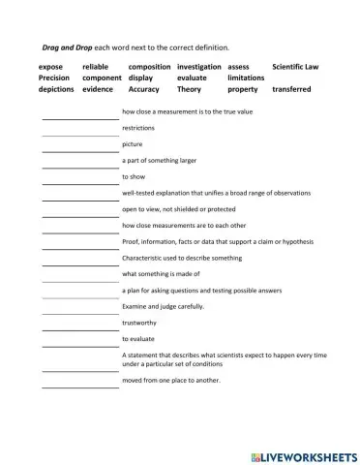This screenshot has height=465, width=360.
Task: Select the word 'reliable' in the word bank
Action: [98, 67]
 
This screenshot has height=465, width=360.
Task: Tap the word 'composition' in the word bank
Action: [149, 67]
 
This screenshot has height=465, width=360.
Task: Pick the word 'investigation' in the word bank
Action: [199, 67]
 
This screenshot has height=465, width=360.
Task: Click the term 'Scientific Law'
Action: [295, 67]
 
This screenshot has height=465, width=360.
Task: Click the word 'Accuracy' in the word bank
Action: [144, 89]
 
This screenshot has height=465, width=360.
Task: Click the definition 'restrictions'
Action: [138, 128]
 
